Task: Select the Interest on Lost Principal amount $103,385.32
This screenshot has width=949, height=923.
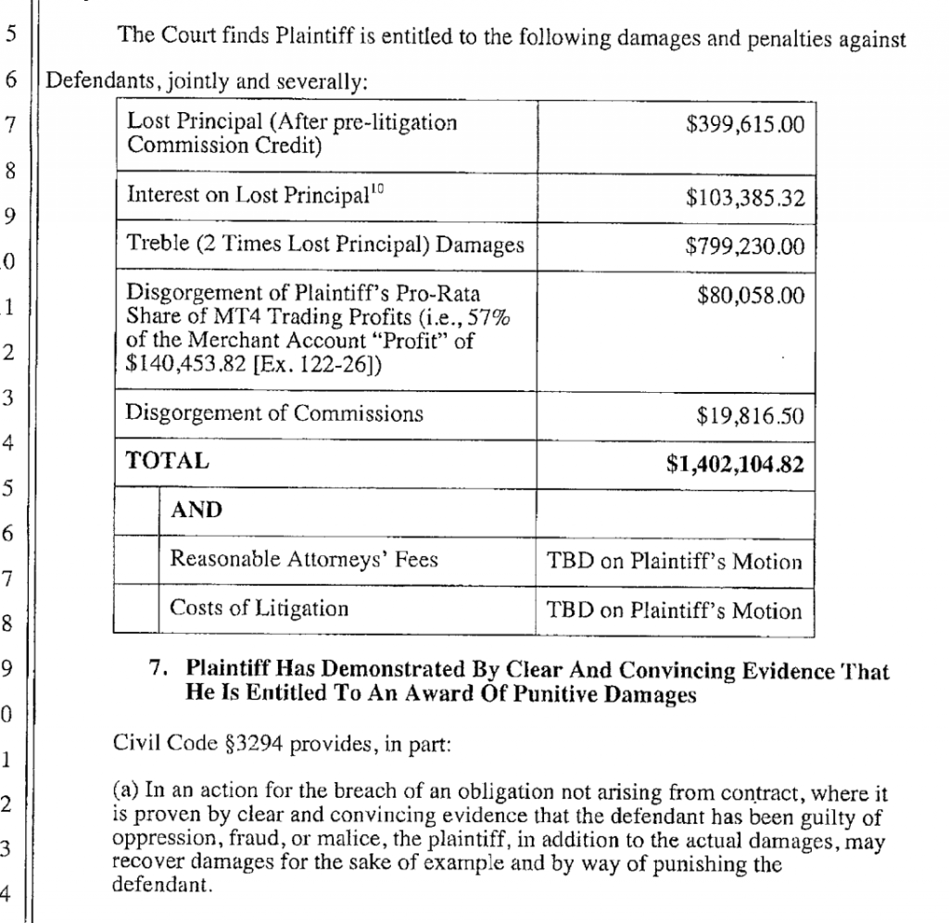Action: (x=745, y=197)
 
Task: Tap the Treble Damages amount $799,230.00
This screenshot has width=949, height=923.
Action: (x=745, y=247)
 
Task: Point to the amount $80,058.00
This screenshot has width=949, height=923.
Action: (x=750, y=296)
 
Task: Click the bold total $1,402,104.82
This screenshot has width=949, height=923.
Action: (x=734, y=464)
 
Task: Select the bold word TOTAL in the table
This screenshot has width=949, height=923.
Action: (x=168, y=461)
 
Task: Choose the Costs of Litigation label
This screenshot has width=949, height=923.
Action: (x=259, y=609)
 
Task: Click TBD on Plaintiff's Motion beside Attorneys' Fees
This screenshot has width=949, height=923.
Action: (x=674, y=562)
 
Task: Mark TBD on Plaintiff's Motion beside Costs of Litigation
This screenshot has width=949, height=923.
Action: (x=674, y=611)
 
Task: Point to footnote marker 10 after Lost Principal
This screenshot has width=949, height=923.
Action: (x=375, y=189)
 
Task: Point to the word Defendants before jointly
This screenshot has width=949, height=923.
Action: (x=97, y=81)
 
